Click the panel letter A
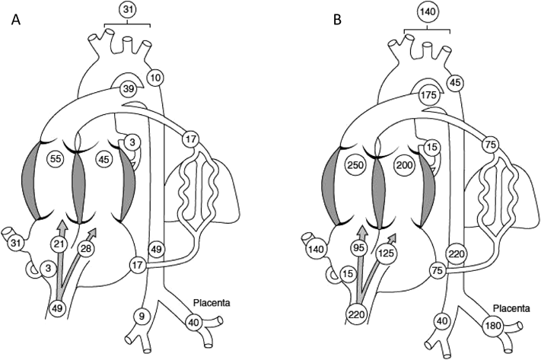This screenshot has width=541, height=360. pos(15,21)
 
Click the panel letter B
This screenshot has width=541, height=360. pos(339,21)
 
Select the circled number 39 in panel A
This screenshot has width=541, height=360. pos(129,91)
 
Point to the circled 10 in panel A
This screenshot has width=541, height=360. pos(155,78)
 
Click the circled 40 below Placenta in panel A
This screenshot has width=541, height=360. pos(193,321)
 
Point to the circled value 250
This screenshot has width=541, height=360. pos(353,164)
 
